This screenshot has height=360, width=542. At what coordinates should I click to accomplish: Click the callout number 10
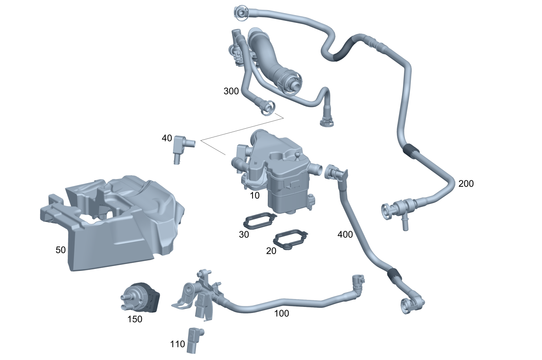coord(255,195)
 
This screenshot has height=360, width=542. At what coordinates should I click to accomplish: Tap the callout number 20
coord(271,251)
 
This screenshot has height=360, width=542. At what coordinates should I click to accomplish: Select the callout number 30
coord(244,235)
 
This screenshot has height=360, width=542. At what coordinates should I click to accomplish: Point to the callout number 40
coord(167,139)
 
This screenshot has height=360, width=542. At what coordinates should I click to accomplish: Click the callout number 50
coord(60,250)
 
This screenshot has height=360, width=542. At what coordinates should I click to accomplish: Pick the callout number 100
coord(281,313)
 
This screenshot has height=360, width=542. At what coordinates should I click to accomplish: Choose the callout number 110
coord(177,344)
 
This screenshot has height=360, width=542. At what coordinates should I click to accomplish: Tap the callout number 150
coord(135,319)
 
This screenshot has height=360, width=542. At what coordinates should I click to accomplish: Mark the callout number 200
coord(466,184)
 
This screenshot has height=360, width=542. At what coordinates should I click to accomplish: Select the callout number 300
coord(231,91)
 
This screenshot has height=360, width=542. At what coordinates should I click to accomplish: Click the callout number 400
coord(345,235)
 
